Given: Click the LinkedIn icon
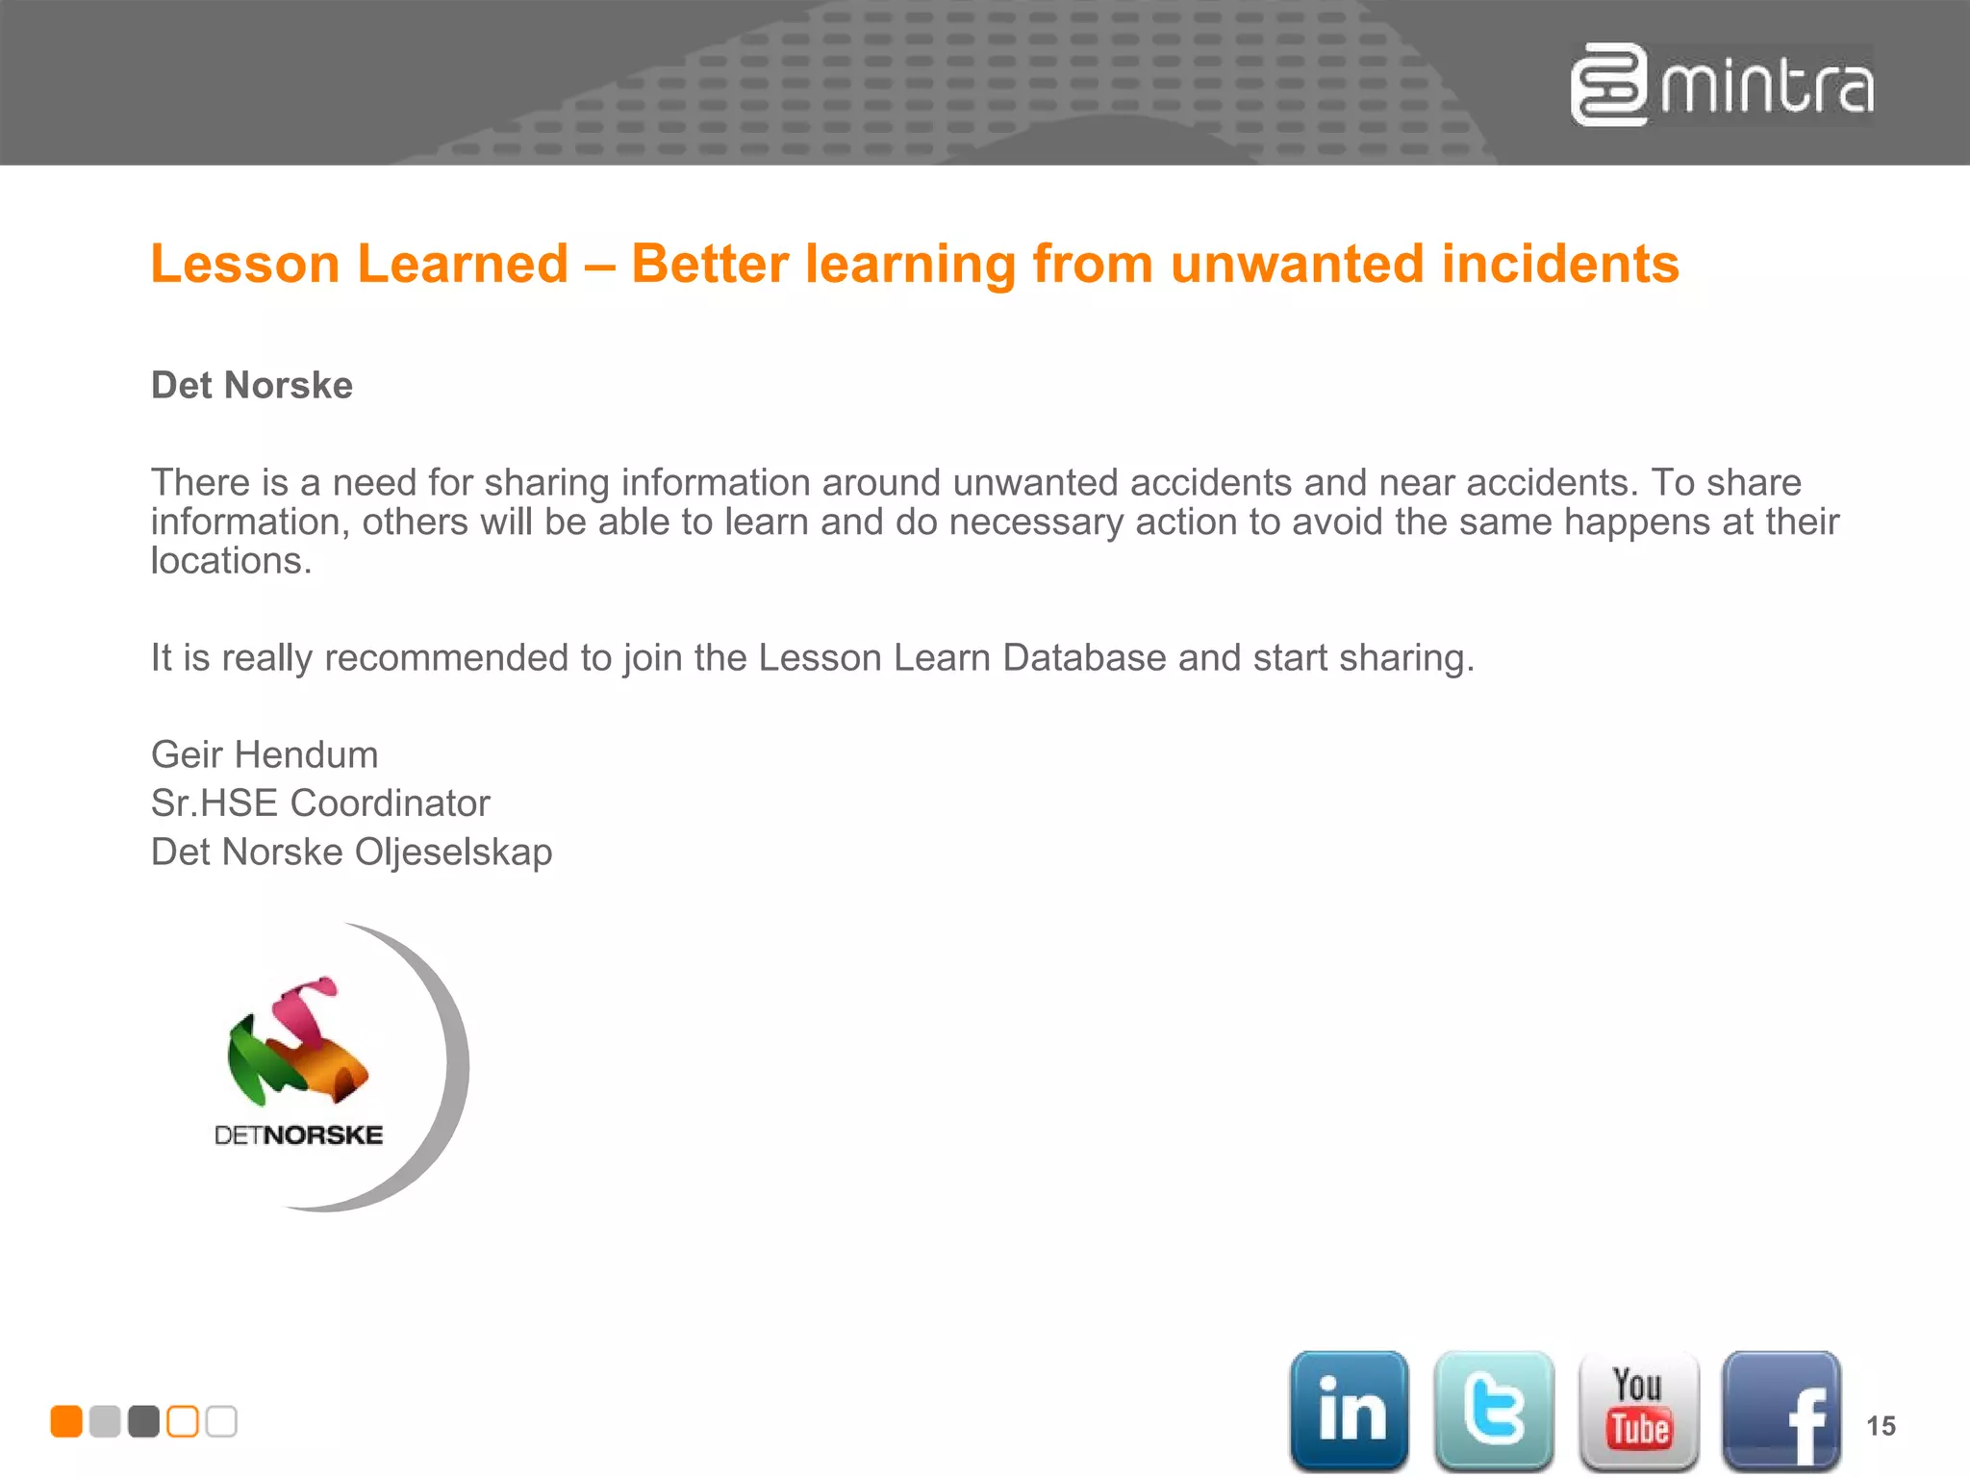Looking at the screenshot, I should [x=1349, y=1411].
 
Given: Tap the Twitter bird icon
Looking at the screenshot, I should [x=1494, y=1411].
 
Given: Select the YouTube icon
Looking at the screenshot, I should [x=1638, y=1411].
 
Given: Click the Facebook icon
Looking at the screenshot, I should [x=1781, y=1411].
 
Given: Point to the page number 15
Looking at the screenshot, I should [x=1881, y=1426].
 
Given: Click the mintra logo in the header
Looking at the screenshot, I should [x=1722, y=86].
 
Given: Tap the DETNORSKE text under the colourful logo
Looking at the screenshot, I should [x=298, y=1135].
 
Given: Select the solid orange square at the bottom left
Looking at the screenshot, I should [x=66, y=1421].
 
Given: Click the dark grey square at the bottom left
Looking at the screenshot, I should [x=143, y=1421].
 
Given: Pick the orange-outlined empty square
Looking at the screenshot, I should [x=183, y=1421].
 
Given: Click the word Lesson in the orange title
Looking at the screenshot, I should [x=245, y=264].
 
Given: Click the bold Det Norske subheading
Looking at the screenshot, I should [x=252, y=385].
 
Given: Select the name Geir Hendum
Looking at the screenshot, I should [x=265, y=754].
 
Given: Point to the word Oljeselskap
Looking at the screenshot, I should [x=453, y=853].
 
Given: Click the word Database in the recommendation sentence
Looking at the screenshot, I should [x=1084, y=658].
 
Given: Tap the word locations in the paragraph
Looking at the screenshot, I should [x=231, y=561].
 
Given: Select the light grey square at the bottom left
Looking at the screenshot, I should [x=105, y=1421].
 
